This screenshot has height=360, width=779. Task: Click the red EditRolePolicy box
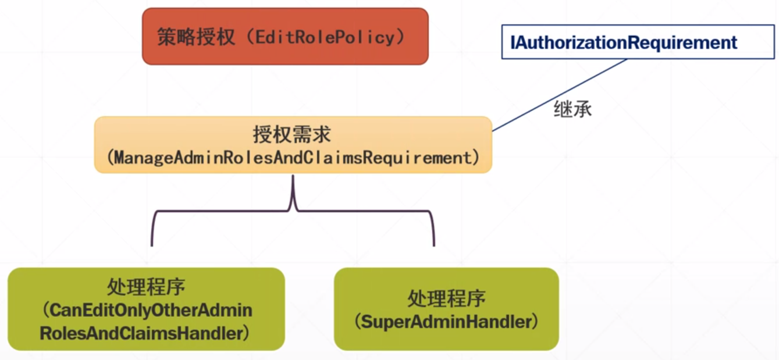[285, 37]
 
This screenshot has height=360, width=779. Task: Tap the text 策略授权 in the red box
[196, 37]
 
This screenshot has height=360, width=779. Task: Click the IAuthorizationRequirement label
[624, 42]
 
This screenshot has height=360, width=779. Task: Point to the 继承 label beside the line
[573, 109]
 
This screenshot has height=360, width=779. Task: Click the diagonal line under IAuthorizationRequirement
[560, 95]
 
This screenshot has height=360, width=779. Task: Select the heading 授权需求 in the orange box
[292, 134]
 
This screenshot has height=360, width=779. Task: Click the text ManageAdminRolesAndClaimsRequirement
[293, 158]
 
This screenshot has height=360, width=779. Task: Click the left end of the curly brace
[152, 246]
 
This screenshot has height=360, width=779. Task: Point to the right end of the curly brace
[434, 246]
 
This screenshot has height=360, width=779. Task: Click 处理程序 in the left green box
[146, 287]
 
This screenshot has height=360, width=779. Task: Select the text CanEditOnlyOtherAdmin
[151, 311]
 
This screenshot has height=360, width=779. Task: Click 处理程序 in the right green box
[447, 298]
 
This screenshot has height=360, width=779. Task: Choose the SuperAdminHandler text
[446, 322]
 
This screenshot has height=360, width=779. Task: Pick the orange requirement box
[293, 145]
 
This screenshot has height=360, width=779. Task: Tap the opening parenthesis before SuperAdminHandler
[358, 322]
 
